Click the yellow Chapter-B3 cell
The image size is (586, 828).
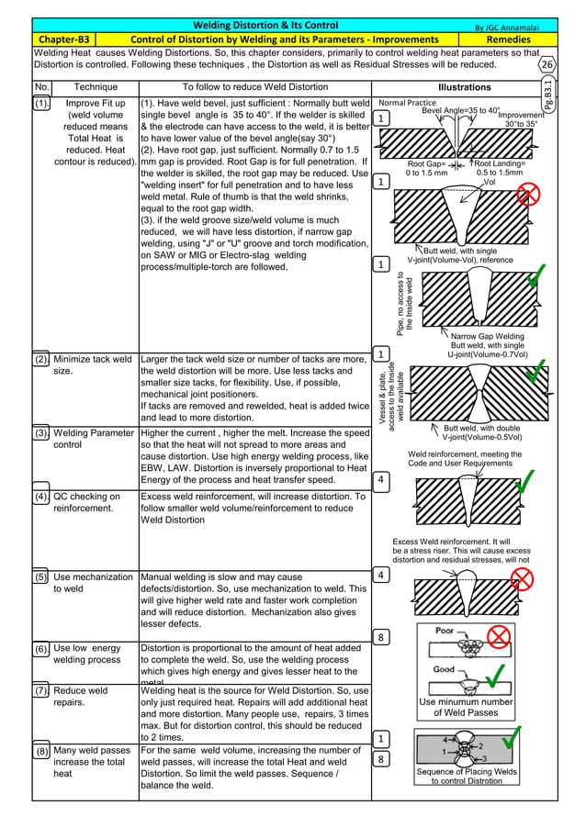[x=63, y=39]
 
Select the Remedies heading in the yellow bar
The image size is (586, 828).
[x=508, y=39]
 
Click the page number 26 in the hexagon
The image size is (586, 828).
[x=547, y=65]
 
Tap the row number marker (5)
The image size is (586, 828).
[x=41, y=577]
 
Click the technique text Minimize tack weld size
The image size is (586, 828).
[x=92, y=365]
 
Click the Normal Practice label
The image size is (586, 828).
[x=407, y=103]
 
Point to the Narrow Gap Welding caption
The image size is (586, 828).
[x=488, y=336]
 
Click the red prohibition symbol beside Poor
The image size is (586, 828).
[x=499, y=637]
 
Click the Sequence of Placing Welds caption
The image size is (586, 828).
[x=467, y=777]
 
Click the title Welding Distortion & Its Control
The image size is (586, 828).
[x=265, y=26]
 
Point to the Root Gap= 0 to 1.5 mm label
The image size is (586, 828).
[x=427, y=168]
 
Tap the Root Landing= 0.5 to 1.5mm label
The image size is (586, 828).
[x=500, y=168]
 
